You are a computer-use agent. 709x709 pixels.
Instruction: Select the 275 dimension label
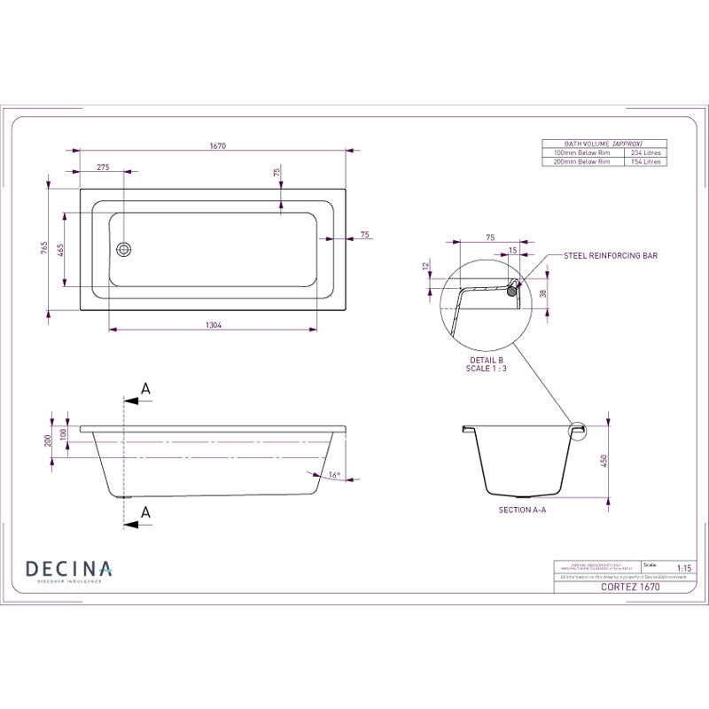pyautogui.click(x=103, y=167)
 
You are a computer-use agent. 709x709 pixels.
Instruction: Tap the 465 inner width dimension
pyautogui.click(x=61, y=250)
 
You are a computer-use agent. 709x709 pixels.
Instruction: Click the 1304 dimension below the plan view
pyautogui.click(x=213, y=325)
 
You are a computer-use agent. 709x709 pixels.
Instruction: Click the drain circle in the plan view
pyautogui.click(x=124, y=249)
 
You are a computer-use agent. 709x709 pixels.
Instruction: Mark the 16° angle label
pyautogui.click(x=333, y=475)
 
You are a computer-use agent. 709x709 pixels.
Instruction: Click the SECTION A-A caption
pyautogui.click(x=523, y=510)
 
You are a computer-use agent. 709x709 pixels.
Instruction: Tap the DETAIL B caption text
pyautogui.click(x=486, y=361)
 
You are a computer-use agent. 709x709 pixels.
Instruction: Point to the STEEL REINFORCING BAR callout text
pyautogui.click(x=611, y=255)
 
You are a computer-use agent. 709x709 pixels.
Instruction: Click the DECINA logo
pyautogui.click(x=68, y=569)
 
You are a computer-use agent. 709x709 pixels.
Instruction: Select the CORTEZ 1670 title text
pyautogui.click(x=630, y=587)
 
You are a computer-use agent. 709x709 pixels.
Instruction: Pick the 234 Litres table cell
pyautogui.click(x=645, y=152)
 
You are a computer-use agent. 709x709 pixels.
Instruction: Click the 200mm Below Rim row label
pyautogui.click(x=581, y=162)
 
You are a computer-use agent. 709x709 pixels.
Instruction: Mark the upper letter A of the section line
pyautogui.click(x=146, y=388)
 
